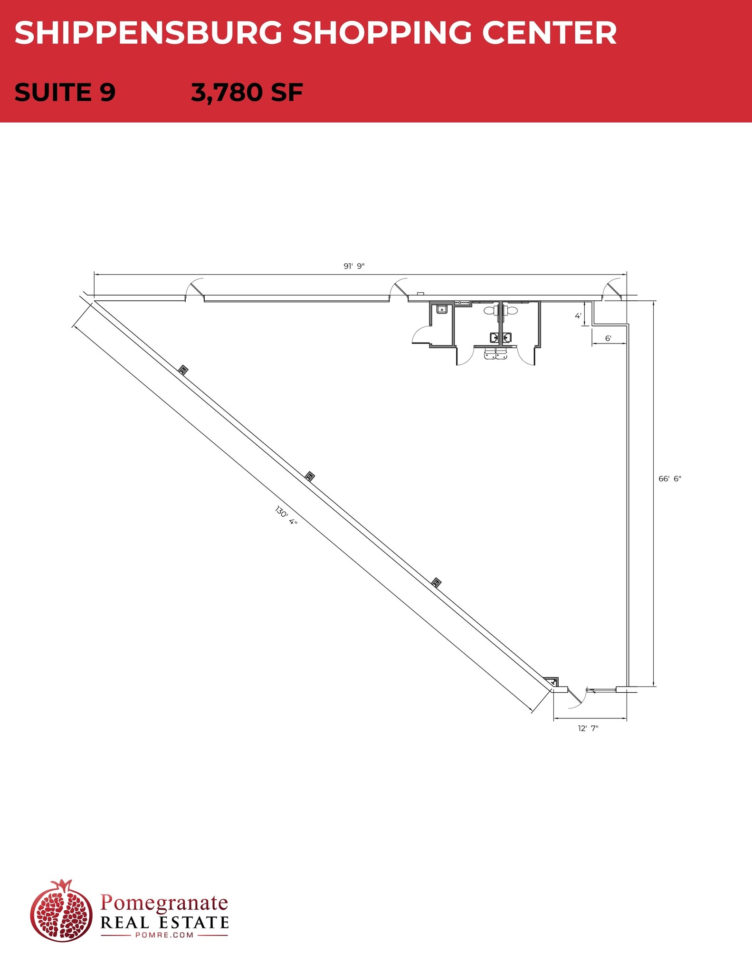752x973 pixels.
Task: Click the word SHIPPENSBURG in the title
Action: (149, 33)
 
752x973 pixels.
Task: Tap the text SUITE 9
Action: (65, 92)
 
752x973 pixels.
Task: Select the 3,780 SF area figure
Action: (247, 92)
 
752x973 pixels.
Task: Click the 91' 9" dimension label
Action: (354, 266)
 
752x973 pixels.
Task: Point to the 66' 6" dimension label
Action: (669, 478)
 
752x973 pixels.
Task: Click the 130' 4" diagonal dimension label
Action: (286, 516)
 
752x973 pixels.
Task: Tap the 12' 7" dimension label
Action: (588, 728)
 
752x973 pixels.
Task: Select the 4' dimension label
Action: (578, 316)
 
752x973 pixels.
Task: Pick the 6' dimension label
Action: (608, 339)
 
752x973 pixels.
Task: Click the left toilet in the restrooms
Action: (490, 311)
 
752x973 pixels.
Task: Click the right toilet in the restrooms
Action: (511, 311)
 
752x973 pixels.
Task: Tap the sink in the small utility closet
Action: (442, 309)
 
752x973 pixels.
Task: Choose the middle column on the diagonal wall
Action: (310, 476)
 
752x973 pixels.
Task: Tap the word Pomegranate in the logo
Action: (164, 902)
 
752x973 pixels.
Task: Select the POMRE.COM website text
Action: (164, 935)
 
